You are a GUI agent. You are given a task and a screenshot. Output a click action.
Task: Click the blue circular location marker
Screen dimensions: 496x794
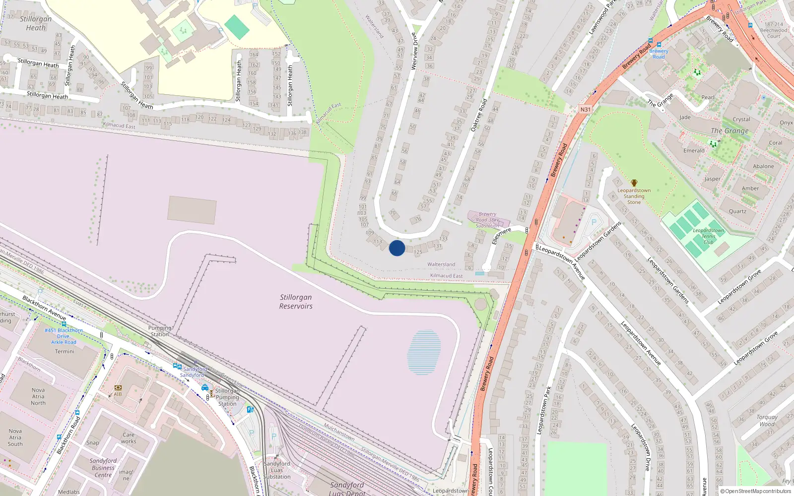coord(397,248)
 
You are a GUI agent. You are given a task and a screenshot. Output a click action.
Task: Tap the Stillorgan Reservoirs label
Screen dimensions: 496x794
coord(296,302)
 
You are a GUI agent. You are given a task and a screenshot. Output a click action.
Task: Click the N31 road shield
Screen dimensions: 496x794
coord(585,110)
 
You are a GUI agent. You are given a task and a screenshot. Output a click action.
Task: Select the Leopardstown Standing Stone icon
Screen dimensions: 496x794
coord(634,183)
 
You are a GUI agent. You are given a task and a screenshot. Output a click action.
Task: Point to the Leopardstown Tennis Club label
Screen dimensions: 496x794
coord(708,236)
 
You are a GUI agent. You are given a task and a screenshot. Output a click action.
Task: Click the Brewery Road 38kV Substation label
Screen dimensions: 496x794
coord(487,220)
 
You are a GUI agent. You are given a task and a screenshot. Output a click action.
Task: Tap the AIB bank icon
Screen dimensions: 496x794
coord(118,387)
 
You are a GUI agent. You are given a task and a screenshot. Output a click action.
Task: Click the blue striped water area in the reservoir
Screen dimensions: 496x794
coord(424,352)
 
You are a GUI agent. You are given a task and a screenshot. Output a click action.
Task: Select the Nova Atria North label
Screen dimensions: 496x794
coord(38,396)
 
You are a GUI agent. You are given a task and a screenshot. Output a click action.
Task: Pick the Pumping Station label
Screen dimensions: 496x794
coord(160,331)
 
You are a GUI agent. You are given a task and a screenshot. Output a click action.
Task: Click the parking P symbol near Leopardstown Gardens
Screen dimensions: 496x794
coord(594,222)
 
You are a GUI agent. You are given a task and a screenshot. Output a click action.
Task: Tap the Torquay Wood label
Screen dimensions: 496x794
coord(767,421)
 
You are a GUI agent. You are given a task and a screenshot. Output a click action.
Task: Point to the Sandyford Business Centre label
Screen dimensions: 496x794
coord(103,468)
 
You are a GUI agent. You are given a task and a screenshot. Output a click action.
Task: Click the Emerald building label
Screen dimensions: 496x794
coord(694,151)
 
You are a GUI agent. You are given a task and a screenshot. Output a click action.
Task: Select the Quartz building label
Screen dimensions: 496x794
coord(737,211)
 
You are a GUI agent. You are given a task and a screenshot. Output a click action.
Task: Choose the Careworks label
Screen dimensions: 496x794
coord(129,438)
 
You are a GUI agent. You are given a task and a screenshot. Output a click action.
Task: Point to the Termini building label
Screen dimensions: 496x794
coord(65,351)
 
